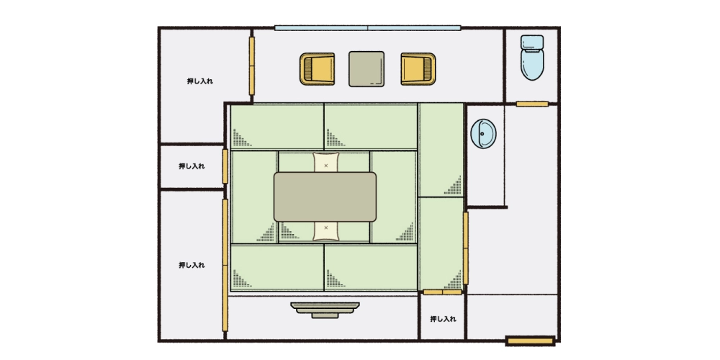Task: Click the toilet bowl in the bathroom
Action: point(532,65)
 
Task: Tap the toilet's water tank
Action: point(532,42)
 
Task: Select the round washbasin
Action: point(484,134)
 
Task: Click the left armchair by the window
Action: point(318,69)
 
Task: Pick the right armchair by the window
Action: point(418,69)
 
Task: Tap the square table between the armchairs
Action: point(366,69)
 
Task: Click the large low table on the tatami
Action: point(325,197)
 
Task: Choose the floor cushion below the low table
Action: point(326,230)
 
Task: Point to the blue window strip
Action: point(368,27)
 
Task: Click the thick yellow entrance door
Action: point(531,341)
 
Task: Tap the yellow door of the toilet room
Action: point(532,104)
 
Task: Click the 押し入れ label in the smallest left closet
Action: point(192,166)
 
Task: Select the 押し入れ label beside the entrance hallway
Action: point(443,319)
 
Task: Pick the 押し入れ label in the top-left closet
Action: point(200,81)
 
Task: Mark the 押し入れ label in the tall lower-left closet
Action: point(192,265)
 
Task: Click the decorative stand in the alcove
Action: point(325,310)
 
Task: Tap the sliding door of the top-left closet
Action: point(251,66)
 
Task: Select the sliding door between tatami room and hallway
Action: point(466,248)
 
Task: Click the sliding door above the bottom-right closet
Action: point(442,292)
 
